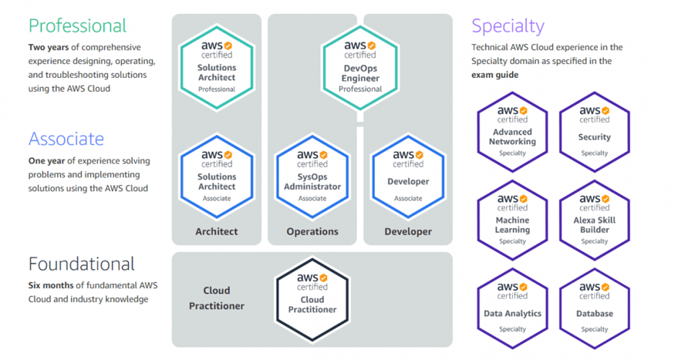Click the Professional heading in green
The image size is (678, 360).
tap(77, 26)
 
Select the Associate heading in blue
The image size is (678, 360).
tap(66, 139)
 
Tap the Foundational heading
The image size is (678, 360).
tap(82, 263)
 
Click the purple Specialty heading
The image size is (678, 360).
tap(508, 26)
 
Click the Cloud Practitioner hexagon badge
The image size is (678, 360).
tap(312, 299)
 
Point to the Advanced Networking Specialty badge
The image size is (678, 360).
tap(513, 131)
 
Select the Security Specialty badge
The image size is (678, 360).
tap(594, 131)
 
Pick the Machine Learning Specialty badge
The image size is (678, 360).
tap(513, 219)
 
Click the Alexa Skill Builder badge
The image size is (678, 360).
tap(594, 219)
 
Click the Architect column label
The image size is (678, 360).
tap(216, 232)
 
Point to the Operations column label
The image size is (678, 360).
tap(312, 232)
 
